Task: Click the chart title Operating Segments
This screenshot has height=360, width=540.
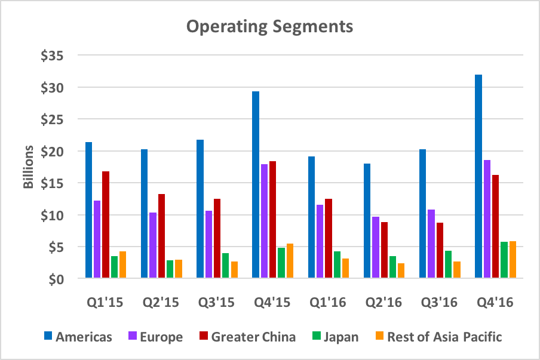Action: [x=269, y=27]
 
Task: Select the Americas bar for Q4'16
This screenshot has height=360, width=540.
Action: [x=478, y=177]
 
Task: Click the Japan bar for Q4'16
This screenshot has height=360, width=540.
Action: [x=504, y=260]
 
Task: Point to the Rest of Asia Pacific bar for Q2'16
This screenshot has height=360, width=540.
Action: [x=401, y=271]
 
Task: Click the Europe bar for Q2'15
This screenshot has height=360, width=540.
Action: [x=153, y=245]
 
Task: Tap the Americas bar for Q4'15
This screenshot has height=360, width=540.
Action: [x=256, y=185]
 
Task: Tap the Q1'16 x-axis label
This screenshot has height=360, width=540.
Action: [x=329, y=303]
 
